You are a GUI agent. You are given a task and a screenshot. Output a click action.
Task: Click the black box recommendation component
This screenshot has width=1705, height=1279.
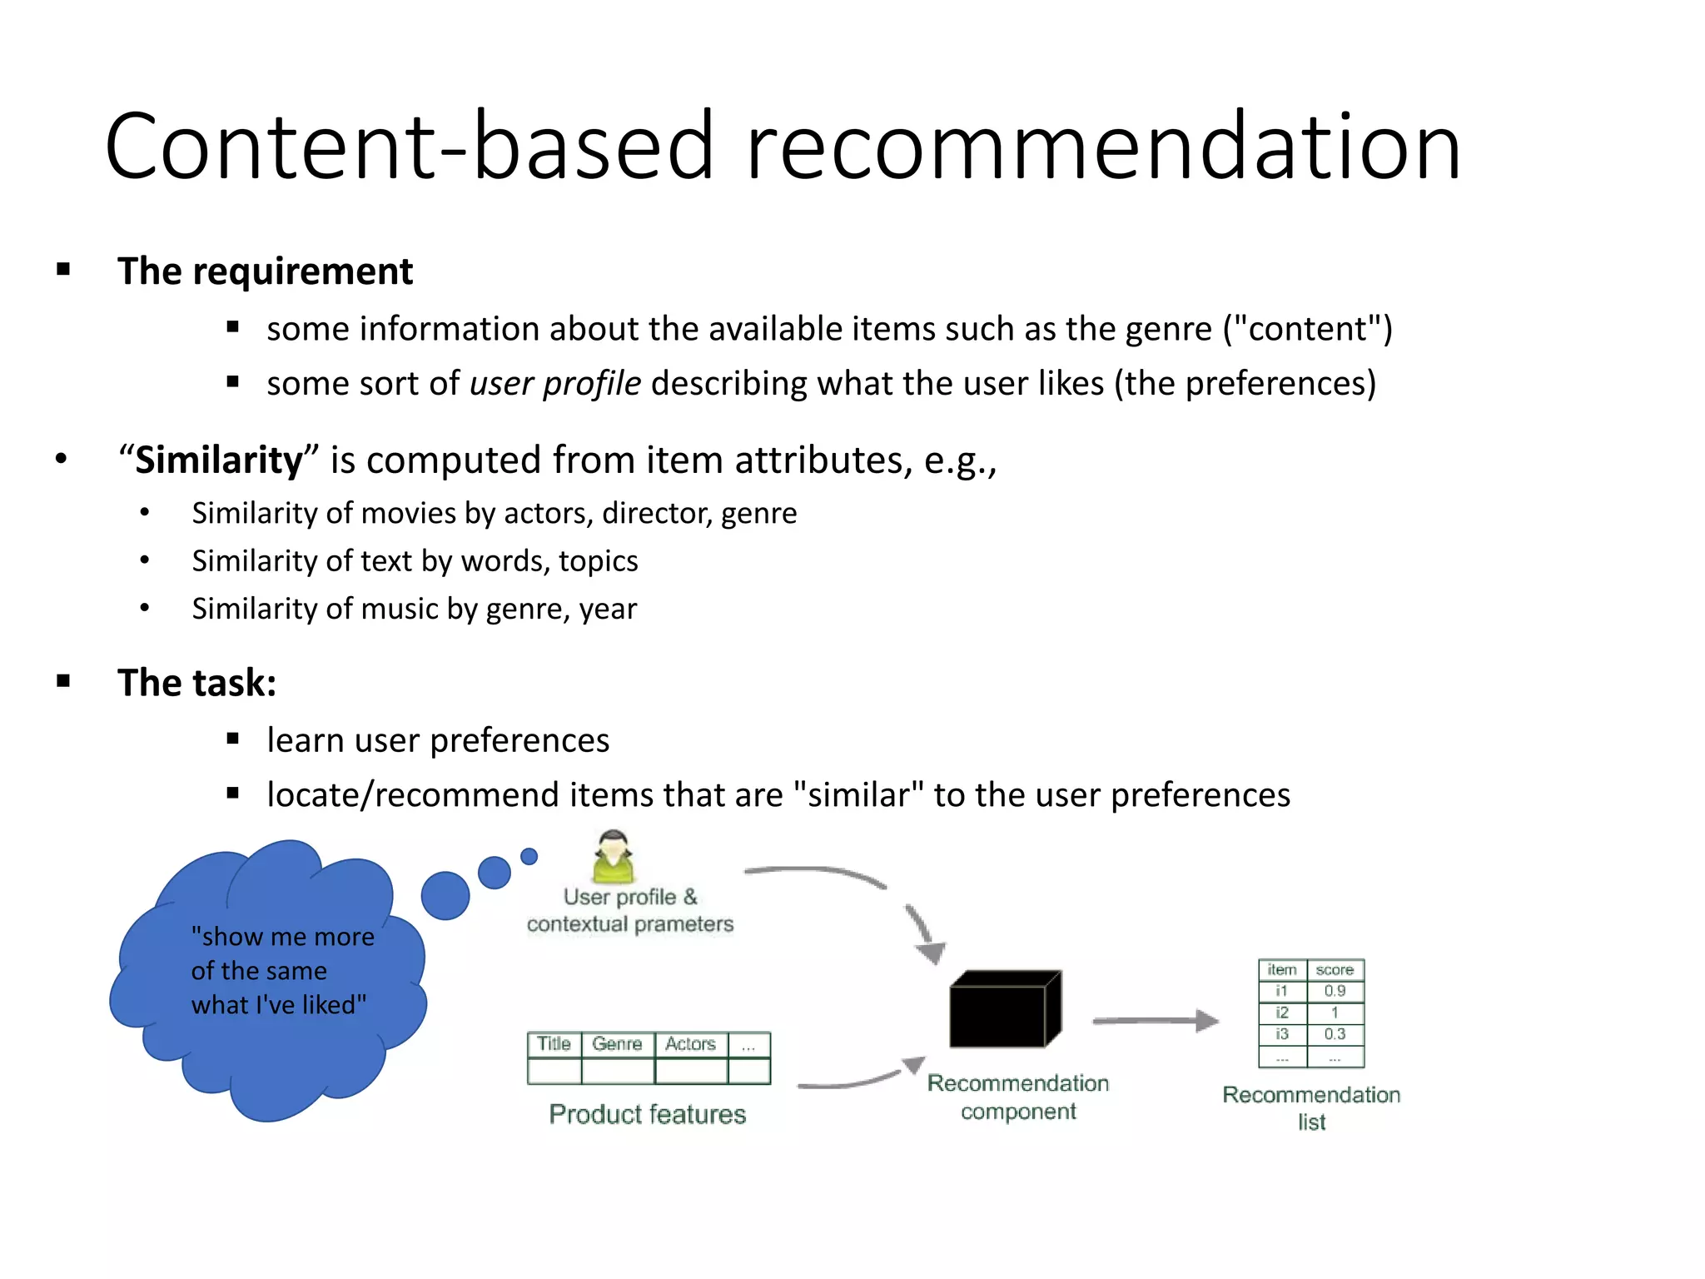tap(1004, 1009)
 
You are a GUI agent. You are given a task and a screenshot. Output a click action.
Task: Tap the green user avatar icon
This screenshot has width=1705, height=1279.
tap(614, 857)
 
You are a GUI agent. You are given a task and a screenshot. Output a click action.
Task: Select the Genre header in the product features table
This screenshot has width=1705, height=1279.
tap(617, 1044)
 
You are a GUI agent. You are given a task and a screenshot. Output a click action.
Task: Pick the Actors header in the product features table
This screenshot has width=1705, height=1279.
tap(690, 1044)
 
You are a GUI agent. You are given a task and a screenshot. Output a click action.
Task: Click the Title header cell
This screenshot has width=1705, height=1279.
tap(554, 1044)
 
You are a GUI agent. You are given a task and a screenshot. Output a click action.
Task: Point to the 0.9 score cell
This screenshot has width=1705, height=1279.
tap(1335, 991)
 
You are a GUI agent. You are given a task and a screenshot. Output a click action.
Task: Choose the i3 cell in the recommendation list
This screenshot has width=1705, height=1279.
tap(1281, 1034)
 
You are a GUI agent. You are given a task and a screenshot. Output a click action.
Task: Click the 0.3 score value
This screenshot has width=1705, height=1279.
tap(1335, 1034)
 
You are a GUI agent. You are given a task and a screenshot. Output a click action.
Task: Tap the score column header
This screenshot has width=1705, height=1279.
tap(1335, 970)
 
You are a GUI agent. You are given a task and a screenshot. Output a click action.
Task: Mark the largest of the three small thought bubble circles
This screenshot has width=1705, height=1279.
tap(445, 895)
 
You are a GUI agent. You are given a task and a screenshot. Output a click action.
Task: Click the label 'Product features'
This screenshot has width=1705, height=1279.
tap(647, 1114)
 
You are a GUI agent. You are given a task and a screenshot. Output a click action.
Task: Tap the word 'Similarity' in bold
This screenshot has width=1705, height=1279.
tap(219, 460)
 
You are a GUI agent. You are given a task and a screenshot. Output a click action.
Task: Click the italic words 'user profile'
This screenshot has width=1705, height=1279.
tap(555, 384)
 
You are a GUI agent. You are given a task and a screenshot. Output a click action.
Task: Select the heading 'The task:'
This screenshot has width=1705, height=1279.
tap(196, 683)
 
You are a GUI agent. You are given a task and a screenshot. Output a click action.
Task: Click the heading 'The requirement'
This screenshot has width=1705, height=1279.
tap(265, 271)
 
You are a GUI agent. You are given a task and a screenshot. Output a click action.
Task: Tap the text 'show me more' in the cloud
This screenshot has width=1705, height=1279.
tap(282, 937)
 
